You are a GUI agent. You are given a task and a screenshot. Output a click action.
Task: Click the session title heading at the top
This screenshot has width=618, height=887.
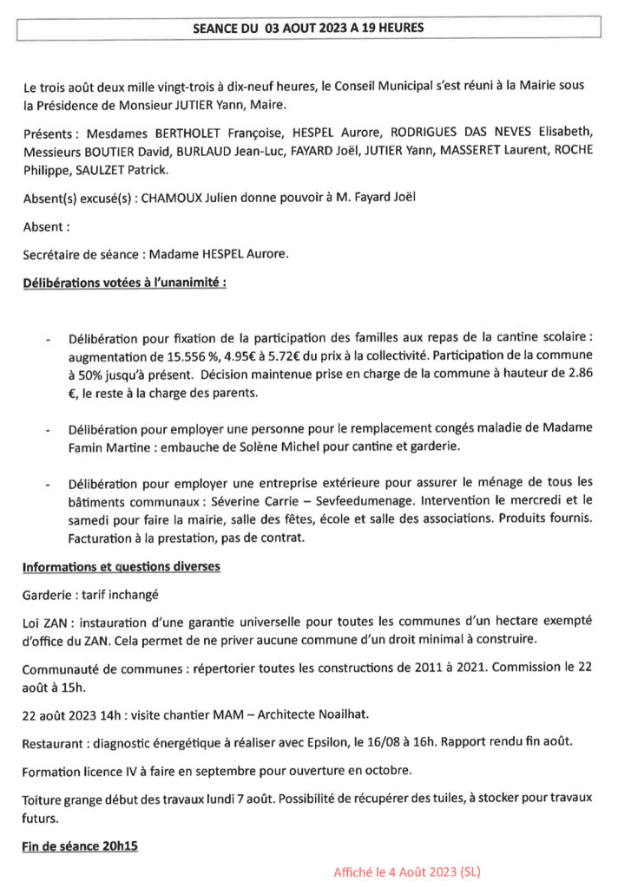coord(308,28)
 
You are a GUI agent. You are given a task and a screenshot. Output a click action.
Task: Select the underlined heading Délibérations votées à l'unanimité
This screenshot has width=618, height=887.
coord(124,283)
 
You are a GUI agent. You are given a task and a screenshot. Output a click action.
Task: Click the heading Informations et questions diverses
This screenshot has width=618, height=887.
coord(121,567)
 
